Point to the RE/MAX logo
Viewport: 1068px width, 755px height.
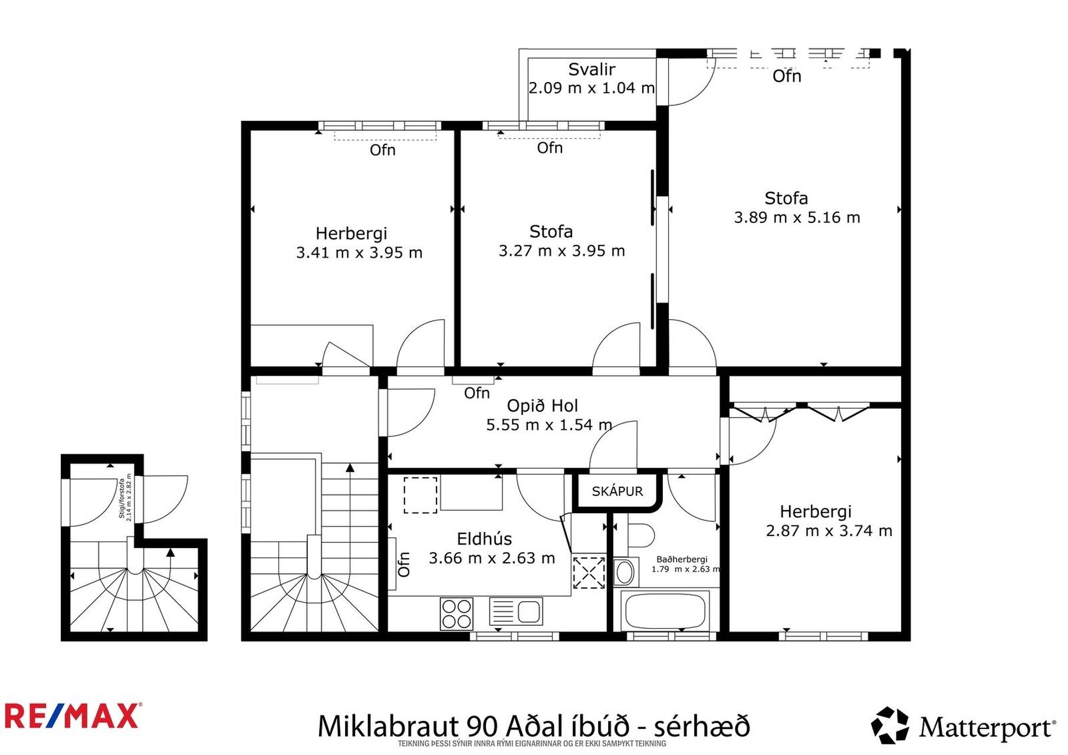72,717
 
